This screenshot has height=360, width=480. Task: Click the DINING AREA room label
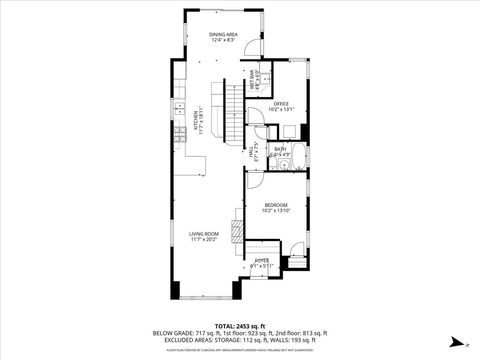point(222,35)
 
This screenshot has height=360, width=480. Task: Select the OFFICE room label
point(281,103)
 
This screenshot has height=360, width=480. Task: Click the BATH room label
point(280,150)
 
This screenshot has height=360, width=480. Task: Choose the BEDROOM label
point(275,204)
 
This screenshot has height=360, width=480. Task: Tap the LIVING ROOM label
point(204,234)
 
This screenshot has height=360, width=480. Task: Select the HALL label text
point(254,152)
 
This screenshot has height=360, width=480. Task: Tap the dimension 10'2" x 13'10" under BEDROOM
point(275,210)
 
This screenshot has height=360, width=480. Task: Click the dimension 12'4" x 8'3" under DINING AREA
point(222,41)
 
